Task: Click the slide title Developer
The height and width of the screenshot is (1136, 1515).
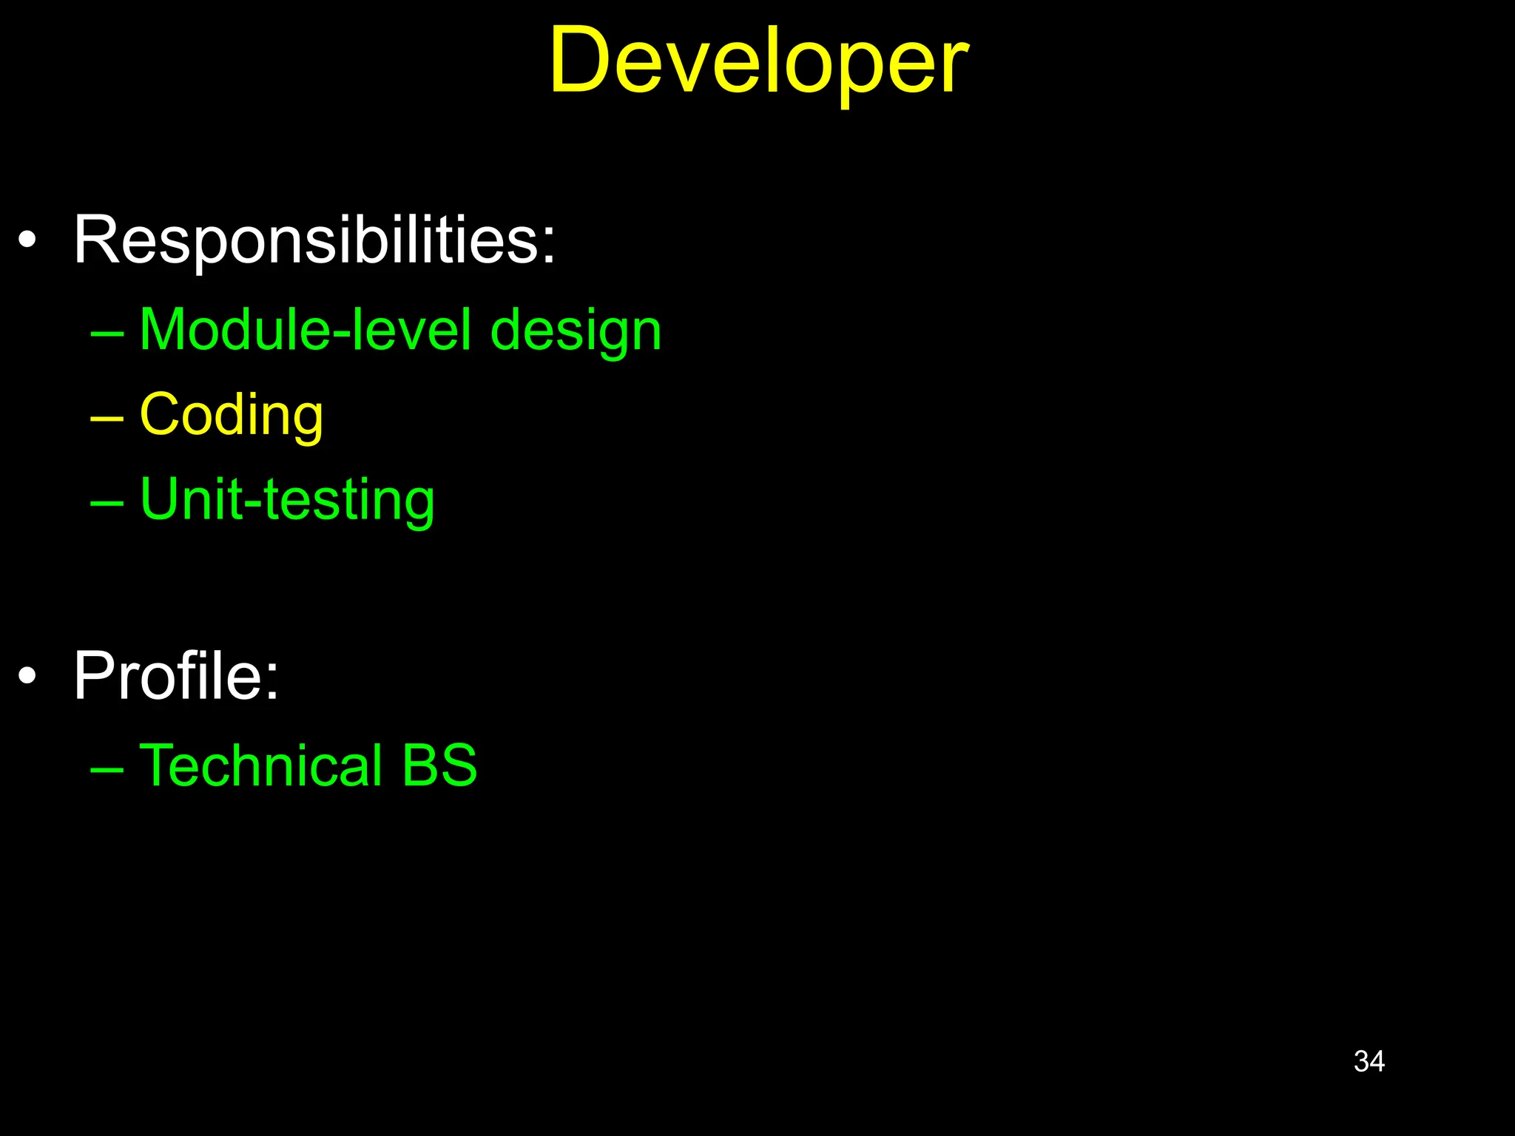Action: pyautogui.click(x=757, y=63)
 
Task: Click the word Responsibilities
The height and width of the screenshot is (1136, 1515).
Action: pyautogui.click(x=307, y=240)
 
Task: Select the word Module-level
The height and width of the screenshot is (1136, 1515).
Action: pyautogui.click(x=305, y=330)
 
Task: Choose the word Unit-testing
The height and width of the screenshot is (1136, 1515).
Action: pyautogui.click(x=287, y=500)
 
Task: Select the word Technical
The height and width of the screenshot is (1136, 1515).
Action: pyautogui.click(x=260, y=765)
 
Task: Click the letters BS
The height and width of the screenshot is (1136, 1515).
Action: pyautogui.click(x=439, y=765)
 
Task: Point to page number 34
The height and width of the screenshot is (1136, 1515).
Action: pyautogui.click(x=1369, y=1061)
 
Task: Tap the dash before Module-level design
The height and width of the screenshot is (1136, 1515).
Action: pyautogui.click(x=107, y=334)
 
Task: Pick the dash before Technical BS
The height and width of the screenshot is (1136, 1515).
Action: pyautogui.click(x=107, y=770)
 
